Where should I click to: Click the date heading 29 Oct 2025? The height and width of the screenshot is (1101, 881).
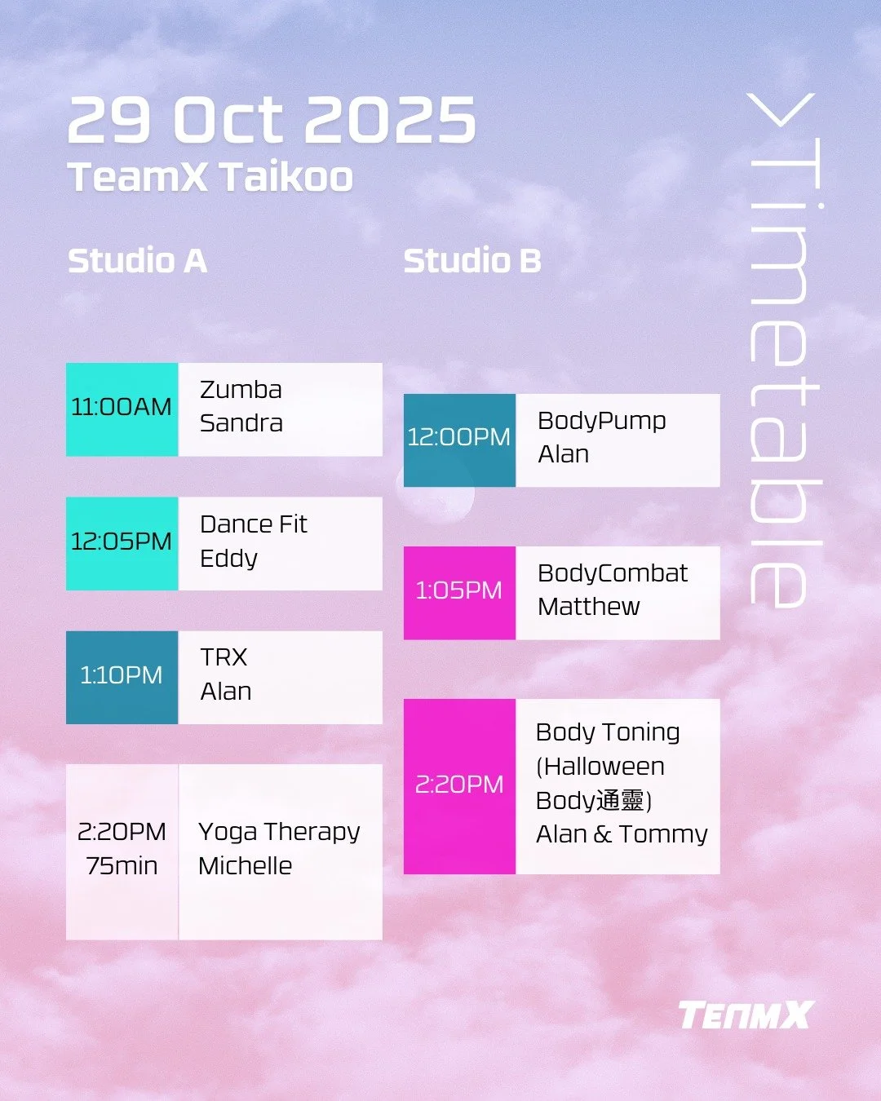(x=272, y=121)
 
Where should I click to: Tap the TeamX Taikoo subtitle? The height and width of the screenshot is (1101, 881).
(x=210, y=177)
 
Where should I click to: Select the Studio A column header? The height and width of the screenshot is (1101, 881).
(x=137, y=261)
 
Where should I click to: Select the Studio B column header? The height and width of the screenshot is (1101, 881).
(x=472, y=261)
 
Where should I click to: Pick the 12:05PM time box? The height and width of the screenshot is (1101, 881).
(x=122, y=542)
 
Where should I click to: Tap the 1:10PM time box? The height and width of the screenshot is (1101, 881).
(x=122, y=676)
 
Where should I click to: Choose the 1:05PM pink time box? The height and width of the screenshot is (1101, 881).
(x=459, y=592)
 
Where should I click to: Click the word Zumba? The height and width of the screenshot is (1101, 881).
(x=241, y=390)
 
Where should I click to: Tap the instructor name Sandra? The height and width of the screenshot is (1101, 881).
(x=241, y=423)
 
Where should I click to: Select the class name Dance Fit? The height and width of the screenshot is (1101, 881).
(x=253, y=524)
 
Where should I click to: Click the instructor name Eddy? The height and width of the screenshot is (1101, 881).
(x=228, y=559)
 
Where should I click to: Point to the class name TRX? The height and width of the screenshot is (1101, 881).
(x=224, y=657)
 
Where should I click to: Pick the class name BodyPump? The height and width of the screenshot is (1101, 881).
(x=601, y=421)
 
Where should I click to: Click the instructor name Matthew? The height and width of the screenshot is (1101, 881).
(x=588, y=607)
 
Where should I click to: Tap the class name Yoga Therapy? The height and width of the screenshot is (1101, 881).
(x=279, y=832)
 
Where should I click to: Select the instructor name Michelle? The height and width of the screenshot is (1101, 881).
(x=245, y=866)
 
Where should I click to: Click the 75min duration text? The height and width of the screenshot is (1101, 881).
(x=122, y=866)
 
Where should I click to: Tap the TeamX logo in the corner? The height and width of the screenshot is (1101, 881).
(x=745, y=1015)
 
